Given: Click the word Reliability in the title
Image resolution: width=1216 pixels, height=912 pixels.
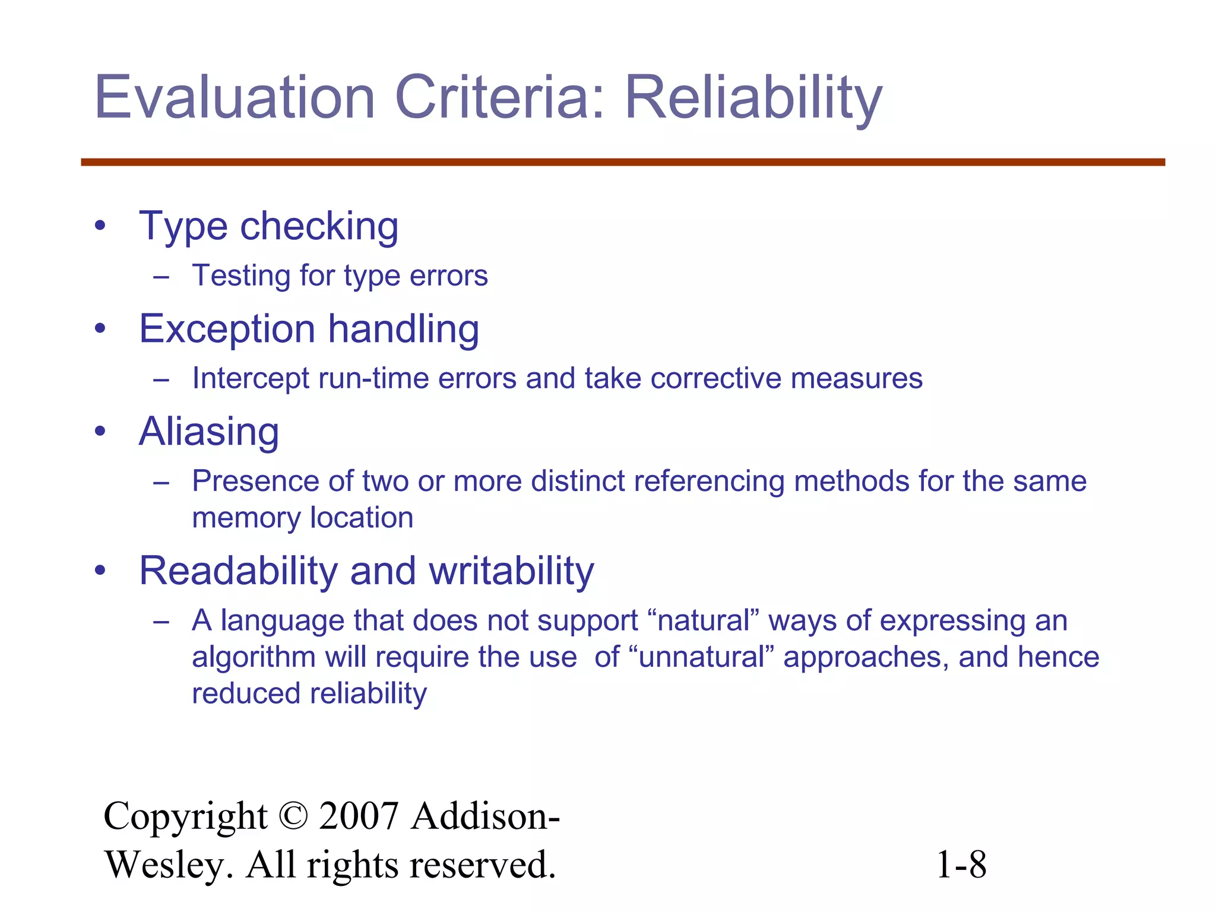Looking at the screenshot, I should (x=753, y=98).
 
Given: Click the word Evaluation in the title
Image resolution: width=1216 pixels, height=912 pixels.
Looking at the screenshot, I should (x=235, y=98).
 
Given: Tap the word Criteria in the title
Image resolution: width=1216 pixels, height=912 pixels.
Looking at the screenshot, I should (x=499, y=98).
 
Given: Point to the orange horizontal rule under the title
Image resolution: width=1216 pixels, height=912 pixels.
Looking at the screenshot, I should (x=623, y=162).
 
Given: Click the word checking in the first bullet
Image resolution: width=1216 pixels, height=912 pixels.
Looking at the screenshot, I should (x=319, y=227).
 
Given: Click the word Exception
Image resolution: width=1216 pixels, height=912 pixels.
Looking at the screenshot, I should (x=227, y=329).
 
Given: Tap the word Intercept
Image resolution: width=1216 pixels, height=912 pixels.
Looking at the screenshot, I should (x=251, y=379).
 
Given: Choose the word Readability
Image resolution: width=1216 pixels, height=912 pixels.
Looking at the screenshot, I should (x=238, y=571).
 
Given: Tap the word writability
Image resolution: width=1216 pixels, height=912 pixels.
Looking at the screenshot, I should (x=511, y=571).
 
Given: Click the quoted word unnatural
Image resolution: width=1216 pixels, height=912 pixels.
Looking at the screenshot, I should (x=701, y=657).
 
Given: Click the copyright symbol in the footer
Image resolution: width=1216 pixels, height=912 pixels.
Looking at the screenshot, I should (x=293, y=816).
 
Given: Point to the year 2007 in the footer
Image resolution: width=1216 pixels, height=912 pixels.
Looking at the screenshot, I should (x=358, y=816).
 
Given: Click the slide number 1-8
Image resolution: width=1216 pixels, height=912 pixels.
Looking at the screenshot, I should (x=961, y=864).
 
